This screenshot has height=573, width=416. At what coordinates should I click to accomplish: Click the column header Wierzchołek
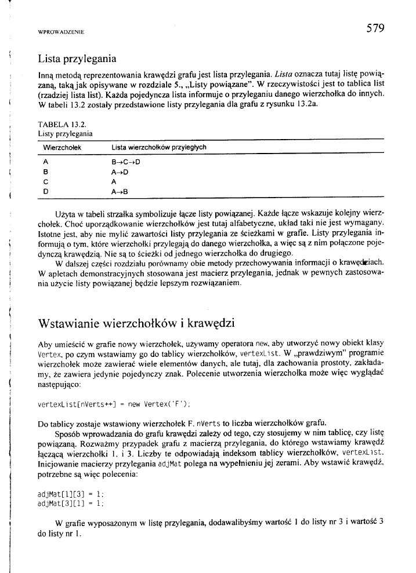tap(62, 148)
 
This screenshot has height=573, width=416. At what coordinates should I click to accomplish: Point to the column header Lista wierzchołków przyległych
tap(159, 148)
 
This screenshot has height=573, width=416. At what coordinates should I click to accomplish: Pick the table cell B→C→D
tap(125, 163)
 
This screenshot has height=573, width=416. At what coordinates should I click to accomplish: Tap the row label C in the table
tap(45, 181)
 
